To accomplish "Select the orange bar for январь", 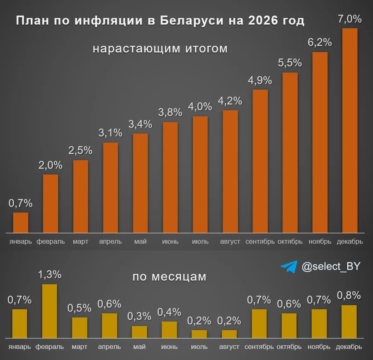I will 21,223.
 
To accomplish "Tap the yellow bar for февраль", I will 50,311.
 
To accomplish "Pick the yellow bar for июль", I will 199,334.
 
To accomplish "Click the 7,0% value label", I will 350,19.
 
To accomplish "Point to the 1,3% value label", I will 50,275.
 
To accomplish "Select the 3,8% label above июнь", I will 170,112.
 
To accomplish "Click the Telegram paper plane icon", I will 289,267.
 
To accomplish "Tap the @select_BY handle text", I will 331,267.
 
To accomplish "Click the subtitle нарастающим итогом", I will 160,49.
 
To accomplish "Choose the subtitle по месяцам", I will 169,277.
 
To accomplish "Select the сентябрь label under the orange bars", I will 260,241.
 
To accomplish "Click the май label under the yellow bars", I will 139,347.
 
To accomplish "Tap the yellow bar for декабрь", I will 349,322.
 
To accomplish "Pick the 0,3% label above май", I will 139,316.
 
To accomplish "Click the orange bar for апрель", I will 110,187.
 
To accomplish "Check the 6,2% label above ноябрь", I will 320,42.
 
